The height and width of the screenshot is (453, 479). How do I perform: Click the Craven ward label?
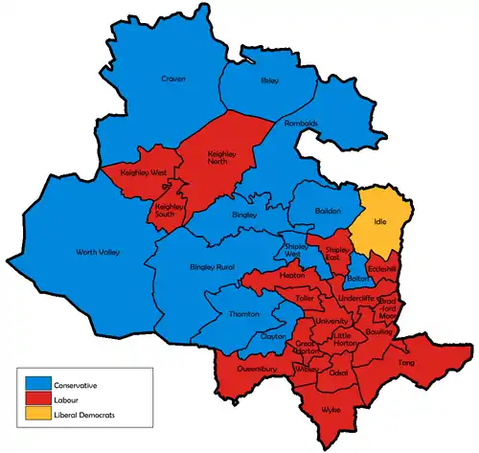(173, 79)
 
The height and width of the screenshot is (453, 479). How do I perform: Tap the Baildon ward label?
(329, 211)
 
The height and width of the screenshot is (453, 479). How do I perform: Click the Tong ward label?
(406, 363)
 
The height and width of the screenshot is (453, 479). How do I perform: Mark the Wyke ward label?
(330, 409)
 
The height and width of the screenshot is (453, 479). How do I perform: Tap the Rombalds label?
(301, 124)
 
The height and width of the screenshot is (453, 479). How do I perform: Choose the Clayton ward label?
(274, 336)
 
